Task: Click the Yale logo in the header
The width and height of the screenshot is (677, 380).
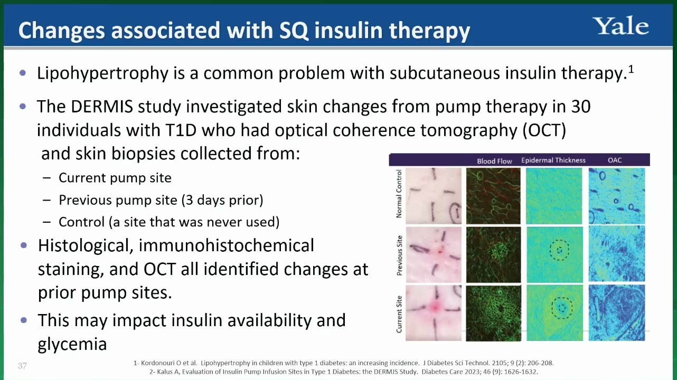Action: (620, 26)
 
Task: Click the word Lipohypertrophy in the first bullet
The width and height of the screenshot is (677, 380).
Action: (102, 73)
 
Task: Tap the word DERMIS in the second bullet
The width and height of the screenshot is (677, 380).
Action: (102, 106)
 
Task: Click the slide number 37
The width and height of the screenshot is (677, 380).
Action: (22, 366)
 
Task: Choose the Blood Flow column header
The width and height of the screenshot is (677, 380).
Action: (494, 161)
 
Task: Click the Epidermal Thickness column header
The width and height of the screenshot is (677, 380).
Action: (553, 160)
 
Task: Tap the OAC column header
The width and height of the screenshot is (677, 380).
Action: (615, 160)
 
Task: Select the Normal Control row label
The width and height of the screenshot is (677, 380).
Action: (399, 194)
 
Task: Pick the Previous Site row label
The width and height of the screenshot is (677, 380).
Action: (399, 255)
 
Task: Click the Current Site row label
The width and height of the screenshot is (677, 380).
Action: (399, 314)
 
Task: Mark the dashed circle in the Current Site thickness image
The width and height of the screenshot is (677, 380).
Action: (562, 298)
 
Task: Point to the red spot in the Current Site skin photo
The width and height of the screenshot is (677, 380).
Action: (435, 308)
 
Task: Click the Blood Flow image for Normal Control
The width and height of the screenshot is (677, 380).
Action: (493, 196)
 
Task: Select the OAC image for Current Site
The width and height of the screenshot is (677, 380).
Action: (617, 312)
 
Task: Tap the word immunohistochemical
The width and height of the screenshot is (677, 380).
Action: (226, 245)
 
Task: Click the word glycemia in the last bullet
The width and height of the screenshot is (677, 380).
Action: (72, 344)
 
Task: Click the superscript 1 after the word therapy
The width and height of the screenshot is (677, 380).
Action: (631, 69)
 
